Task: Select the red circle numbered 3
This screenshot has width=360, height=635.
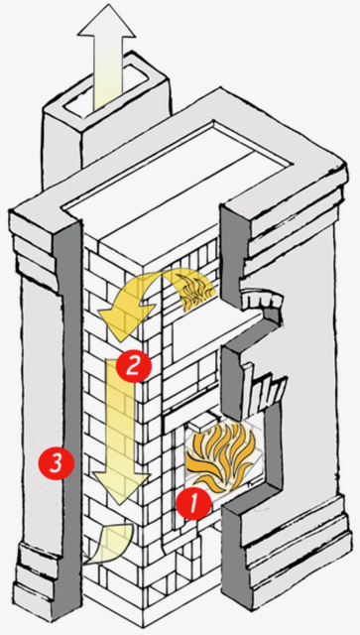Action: (x=56, y=462)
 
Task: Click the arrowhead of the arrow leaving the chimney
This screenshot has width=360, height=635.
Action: (x=106, y=22)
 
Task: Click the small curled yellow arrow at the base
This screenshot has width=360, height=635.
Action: (x=110, y=544)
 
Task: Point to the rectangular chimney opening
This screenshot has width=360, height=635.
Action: (x=106, y=92)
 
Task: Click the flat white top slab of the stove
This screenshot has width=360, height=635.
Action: (x=177, y=170)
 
